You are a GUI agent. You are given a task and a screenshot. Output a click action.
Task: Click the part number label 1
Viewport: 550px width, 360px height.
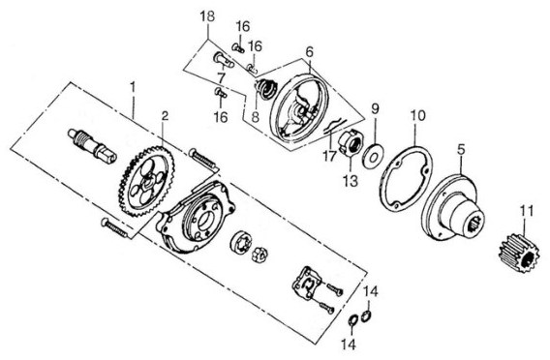click(133, 87)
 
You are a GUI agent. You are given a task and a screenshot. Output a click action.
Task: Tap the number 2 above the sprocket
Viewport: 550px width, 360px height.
click(165, 116)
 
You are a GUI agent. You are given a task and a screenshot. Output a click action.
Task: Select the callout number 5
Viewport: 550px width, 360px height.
click(461, 149)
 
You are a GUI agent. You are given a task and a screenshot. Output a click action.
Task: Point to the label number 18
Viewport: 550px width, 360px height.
click(207, 16)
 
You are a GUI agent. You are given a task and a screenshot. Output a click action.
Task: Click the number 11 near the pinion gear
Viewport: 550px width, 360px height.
click(527, 211)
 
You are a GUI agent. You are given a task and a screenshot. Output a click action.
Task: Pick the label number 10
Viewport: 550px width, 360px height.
click(417, 115)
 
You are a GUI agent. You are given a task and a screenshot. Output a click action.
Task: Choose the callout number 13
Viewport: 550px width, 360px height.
click(351, 181)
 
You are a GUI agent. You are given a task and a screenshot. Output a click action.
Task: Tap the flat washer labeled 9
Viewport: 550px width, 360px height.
click(373, 155)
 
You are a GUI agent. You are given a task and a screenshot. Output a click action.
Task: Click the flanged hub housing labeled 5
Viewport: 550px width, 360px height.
click(452, 207)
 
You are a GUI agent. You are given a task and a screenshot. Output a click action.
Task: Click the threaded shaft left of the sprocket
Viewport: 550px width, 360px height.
click(92, 145)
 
